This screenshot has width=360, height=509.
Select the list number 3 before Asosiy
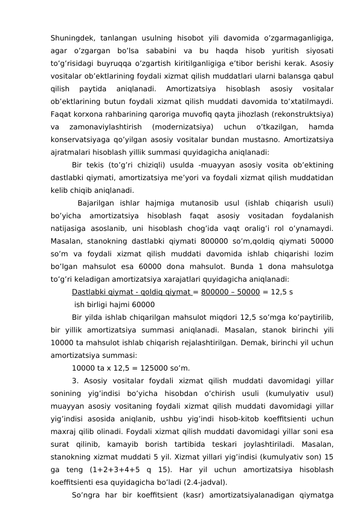[75, 381]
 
